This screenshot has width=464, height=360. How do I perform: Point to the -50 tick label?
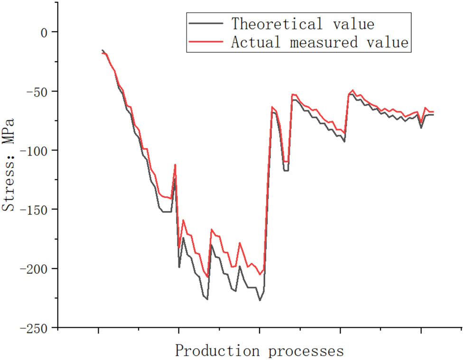40,91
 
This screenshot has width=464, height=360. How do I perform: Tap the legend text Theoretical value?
303,23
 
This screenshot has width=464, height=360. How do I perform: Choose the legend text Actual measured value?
320,42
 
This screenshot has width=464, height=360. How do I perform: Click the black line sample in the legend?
205,23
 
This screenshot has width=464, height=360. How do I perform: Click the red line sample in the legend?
205,42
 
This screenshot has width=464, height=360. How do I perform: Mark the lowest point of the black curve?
260,300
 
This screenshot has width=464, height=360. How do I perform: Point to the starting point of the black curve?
102,50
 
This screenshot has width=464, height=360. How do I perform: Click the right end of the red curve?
433,111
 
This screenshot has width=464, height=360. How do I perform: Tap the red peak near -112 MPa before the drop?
175,165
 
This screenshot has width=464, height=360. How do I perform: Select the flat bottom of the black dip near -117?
286,170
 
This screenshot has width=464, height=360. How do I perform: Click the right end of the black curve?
433,115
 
